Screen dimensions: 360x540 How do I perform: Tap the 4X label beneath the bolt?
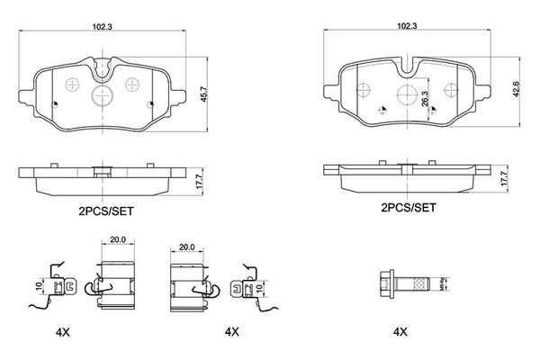click(400, 331)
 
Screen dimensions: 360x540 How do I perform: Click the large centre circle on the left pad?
click(102, 96)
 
